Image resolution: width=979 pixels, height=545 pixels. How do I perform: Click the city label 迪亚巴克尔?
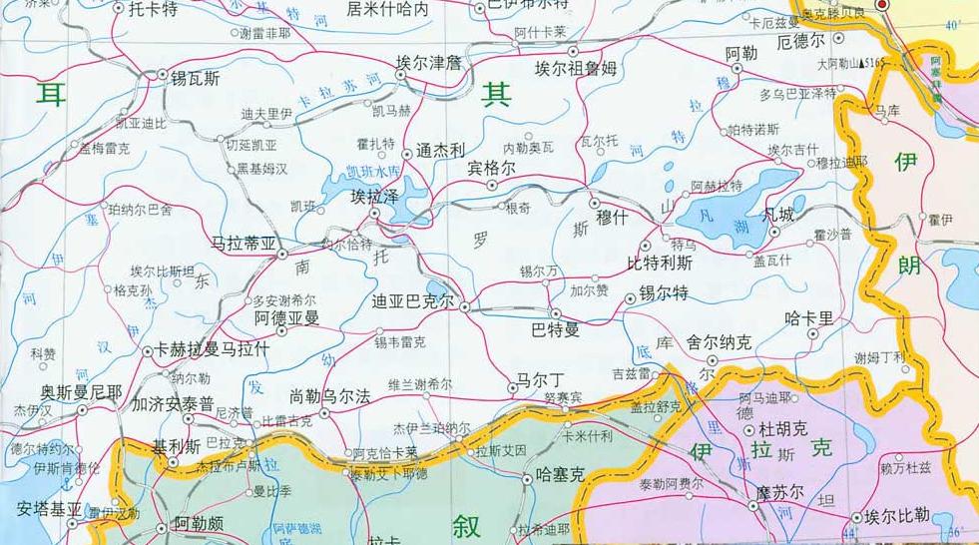(412, 300)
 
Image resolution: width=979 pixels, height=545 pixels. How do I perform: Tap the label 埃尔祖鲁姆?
(576, 69)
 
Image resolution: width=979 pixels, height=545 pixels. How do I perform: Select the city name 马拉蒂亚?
(244, 243)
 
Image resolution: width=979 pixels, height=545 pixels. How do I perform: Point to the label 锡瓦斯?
(196, 77)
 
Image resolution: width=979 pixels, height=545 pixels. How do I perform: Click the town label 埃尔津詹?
(429, 63)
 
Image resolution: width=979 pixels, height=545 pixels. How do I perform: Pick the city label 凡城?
(778, 215)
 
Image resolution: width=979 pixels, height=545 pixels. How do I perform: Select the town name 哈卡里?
(808, 318)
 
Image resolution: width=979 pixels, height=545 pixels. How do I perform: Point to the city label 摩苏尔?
(779, 494)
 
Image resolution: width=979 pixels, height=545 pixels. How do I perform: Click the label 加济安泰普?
(173, 405)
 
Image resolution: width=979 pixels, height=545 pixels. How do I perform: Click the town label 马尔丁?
(539, 380)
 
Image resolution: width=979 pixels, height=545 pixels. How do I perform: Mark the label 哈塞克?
(559, 475)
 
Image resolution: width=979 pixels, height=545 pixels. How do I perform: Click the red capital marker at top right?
(881, 5)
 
